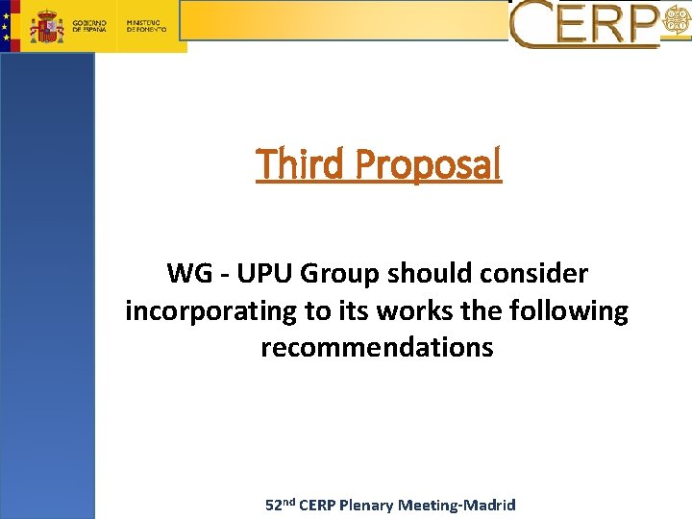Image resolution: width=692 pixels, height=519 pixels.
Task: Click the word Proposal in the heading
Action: (428, 165)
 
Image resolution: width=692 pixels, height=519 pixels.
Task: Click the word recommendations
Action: (377, 347)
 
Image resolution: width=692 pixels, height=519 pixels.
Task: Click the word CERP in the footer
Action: (319, 505)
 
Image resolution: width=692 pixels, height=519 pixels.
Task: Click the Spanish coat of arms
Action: (46, 26)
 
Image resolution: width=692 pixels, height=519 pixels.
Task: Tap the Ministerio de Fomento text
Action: (146, 26)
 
